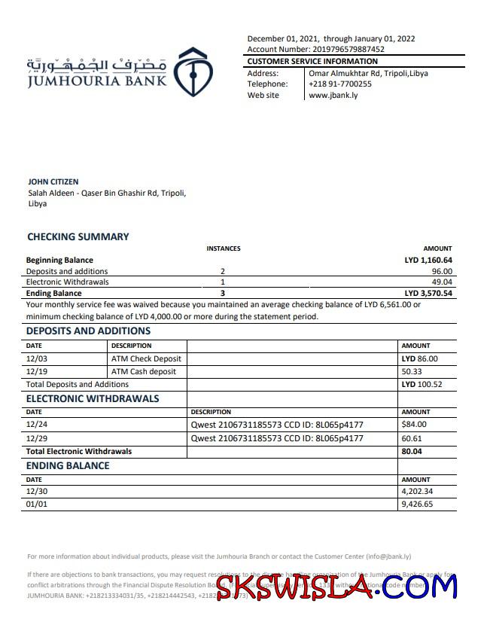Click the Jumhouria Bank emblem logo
193,72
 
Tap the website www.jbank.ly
333,96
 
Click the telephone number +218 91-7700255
340,84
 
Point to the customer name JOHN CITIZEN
53,182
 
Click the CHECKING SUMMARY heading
78,236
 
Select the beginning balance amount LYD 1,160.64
428,261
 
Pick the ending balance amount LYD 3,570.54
428,294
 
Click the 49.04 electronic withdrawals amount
442,282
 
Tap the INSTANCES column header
224,248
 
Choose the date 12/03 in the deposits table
37,359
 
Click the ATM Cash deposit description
144,371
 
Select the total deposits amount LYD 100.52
421,384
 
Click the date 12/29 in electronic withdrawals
37,438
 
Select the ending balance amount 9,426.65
418,504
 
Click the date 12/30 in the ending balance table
37,492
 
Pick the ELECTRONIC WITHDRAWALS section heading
93,398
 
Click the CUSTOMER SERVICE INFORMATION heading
312,62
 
